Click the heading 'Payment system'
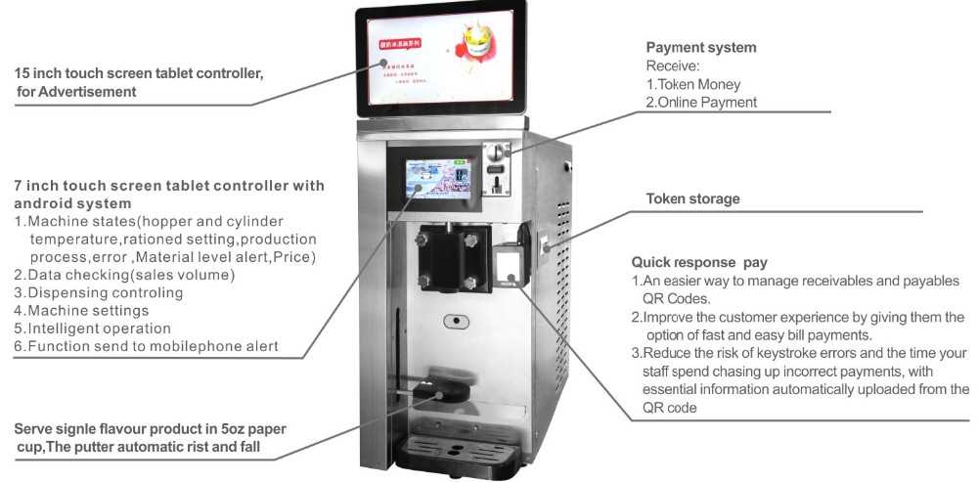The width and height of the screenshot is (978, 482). coord(700,47)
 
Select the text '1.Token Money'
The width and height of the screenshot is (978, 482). coord(691,84)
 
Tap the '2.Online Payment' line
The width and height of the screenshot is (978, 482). coord(700,102)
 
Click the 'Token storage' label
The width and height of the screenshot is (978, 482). coord(692,198)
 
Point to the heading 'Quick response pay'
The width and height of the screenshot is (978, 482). coord(698,262)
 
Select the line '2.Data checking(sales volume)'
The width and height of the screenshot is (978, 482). coord(124,275)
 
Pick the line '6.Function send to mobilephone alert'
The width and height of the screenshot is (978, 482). coord(146,346)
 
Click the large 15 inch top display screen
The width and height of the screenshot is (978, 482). coord(440,62)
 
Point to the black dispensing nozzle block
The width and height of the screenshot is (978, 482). coord(448,256)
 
